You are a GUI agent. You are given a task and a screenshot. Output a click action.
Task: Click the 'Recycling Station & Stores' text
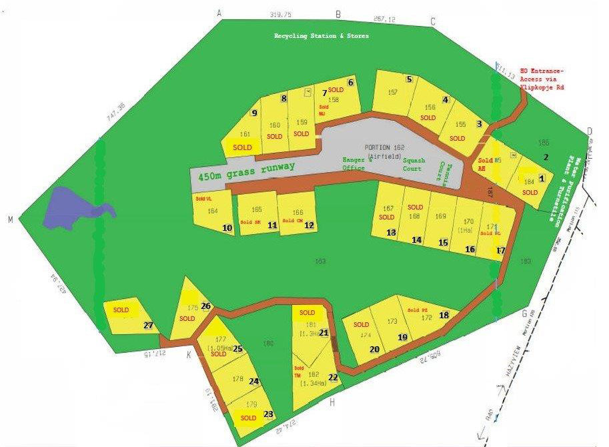coord(322,36)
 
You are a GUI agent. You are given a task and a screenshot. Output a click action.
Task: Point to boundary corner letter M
coord(10,219)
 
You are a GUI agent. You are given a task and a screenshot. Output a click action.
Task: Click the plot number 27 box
coord(148,326)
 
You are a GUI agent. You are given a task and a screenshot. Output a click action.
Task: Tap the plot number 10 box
coord(227,228)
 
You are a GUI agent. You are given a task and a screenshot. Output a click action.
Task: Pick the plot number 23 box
coord(268,414)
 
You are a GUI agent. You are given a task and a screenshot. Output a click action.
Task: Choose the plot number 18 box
coord(444,315)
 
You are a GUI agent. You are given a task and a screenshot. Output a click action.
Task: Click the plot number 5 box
coord(409,79)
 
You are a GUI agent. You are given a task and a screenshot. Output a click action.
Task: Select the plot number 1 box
coord(542,178)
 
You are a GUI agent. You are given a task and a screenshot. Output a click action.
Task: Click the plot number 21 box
coord(324,332)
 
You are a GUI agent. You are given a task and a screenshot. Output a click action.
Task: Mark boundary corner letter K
coord(189,354)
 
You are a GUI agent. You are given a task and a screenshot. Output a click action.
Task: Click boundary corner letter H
coord(332,402)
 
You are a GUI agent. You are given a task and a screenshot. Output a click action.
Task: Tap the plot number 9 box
coord(254,113)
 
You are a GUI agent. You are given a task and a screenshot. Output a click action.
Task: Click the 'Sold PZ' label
coord(418,310)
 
